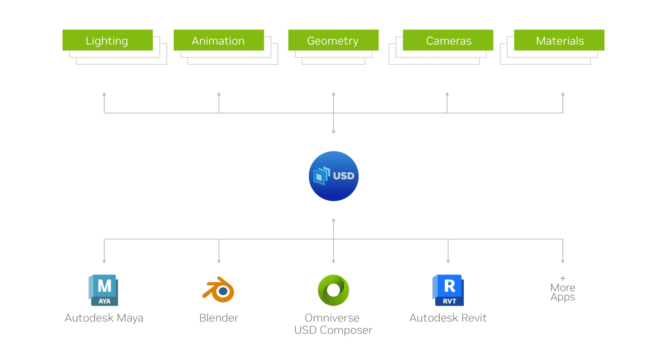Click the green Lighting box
107,40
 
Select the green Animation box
218,40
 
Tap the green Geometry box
333,40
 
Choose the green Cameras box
448,40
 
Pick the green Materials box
559,40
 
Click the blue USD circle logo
333,176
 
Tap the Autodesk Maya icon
104,290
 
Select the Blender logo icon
218,289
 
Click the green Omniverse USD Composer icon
333,290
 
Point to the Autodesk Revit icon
448,290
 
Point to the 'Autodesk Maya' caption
104,318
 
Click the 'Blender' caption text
219,318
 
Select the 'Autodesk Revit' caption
448,318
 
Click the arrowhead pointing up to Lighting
104,94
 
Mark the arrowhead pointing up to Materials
563,94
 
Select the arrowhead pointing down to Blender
219,261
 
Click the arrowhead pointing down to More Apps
563,261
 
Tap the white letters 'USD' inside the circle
343,176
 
